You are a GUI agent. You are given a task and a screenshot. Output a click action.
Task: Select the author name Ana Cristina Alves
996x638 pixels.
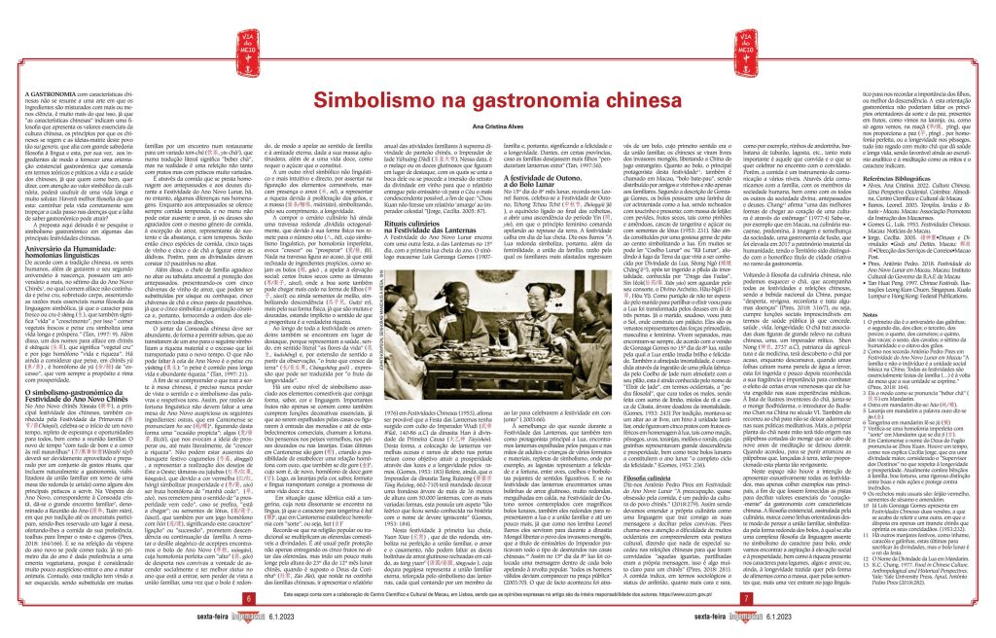point(497,99)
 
